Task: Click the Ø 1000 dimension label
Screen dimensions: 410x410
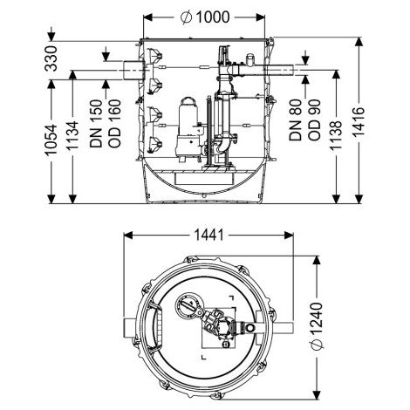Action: [205, 17]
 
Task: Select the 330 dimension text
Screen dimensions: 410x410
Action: [51, 58]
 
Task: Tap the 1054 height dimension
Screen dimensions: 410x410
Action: [51, 140]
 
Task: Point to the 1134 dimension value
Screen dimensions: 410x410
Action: [72, 136]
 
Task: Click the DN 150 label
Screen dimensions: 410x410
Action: [96, 124]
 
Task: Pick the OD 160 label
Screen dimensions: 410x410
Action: [114, 124]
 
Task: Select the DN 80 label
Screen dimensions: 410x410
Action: [296, 120]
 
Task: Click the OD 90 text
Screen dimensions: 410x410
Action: [314, 120]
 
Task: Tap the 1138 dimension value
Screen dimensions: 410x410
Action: [336, 135]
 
